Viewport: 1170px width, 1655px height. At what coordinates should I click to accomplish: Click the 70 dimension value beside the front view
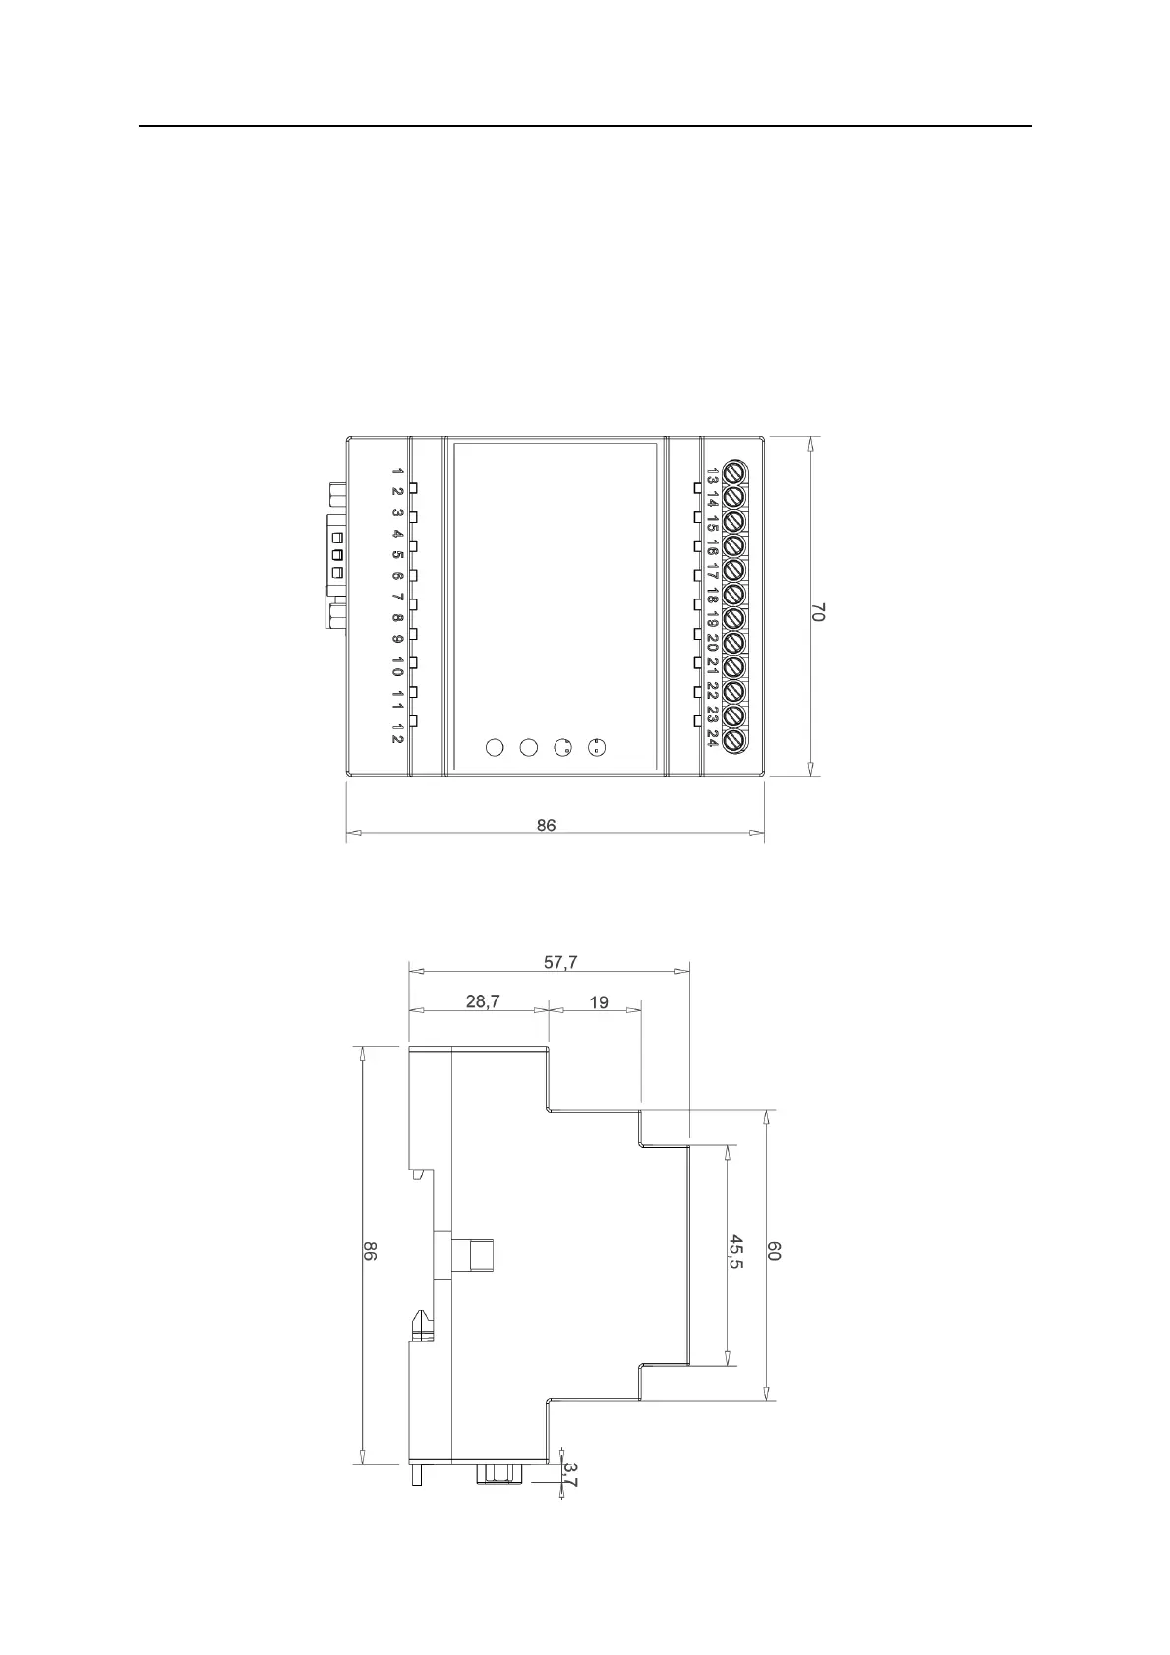click(x=818, y=611)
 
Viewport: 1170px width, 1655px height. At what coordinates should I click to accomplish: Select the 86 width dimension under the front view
click(x=546, y=826)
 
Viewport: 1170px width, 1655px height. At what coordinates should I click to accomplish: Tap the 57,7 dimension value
click(x=561, y=963)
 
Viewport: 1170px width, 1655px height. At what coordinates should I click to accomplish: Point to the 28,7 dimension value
click(x=482, y=1001)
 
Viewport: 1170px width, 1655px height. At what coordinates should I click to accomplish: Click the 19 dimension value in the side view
click(x=598, y=1002)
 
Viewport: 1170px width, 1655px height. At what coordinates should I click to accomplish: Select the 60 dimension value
click(x=774, y=1251)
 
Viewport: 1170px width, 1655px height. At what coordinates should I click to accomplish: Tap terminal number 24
click(x=712, y=738)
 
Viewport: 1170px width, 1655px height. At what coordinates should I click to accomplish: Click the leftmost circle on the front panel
click(x=495, y=748)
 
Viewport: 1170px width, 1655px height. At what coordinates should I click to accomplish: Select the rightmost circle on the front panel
click(x=596, y=748)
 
